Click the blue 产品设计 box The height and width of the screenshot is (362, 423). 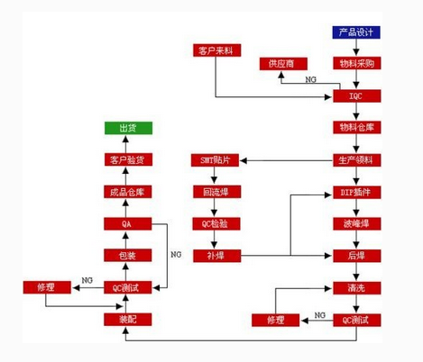[356, 32]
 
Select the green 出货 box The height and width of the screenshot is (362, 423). [128, 128]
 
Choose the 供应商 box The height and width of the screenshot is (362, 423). [282, 64]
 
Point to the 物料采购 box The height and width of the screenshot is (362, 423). [356, 64]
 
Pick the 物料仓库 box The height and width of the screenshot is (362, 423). [356, 127]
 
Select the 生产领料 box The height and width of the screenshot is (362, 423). [356, 160]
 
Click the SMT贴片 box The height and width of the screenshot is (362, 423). [215, 160]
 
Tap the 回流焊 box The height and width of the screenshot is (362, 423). [215, 192]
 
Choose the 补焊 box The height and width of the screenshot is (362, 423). [215, 256]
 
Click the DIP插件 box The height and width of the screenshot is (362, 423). [356, 192]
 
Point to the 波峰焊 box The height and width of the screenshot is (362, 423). [356, 223]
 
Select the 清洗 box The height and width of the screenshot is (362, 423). [356, 287]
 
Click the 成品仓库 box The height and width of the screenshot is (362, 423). [128, 192]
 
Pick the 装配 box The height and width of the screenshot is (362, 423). [128, 319]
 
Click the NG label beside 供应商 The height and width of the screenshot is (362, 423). [310, 80]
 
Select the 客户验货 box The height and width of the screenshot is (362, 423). [128, 160]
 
